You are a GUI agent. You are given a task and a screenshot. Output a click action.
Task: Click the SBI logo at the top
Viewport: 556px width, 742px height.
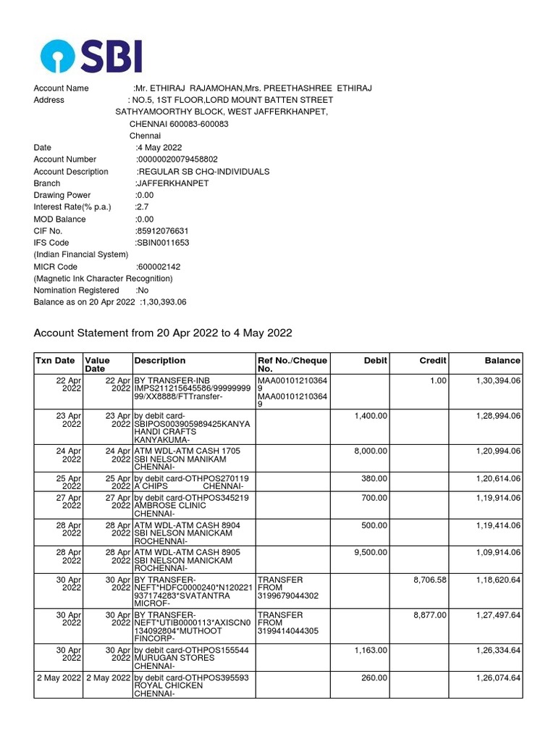(x=91, y=56)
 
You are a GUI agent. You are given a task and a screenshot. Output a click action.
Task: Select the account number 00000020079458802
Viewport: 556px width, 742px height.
(x=177, y=159)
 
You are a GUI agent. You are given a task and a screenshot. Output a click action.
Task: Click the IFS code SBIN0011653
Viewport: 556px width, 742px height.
(x=162, y=243)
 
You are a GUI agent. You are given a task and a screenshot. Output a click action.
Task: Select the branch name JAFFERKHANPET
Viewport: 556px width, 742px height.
(x=172, y=183)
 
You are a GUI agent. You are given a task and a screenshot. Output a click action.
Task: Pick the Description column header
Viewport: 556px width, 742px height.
(x=160, y=360)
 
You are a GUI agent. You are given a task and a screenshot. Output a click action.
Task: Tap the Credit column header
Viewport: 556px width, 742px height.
(x=433, y=360)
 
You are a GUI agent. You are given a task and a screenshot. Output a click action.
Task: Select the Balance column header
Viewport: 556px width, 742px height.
(x=502, y=360)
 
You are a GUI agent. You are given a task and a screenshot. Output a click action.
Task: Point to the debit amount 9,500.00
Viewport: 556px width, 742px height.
(x=371, y=552)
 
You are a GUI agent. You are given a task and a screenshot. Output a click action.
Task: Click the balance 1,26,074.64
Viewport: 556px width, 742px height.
(x=498, y=678)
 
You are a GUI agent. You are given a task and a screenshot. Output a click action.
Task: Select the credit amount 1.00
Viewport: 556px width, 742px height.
(x=437, y=380)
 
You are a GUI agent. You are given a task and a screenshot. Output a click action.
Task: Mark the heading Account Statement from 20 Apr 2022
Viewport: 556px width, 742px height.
(x=163, y=333)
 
